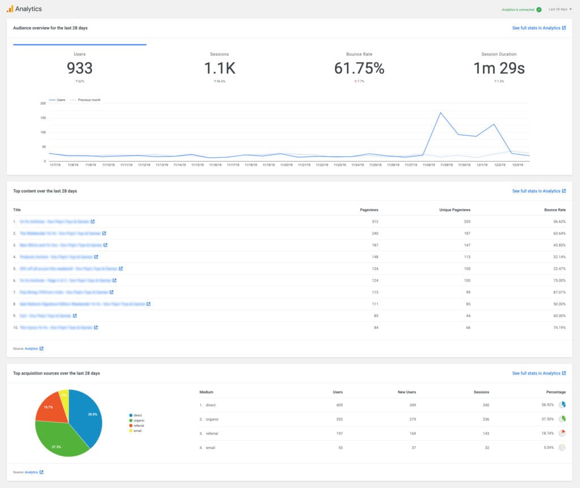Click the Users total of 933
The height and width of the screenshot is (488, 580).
[79, 69]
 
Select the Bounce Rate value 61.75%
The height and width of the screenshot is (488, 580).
[359, 69]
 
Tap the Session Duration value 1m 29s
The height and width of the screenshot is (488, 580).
[499, 69]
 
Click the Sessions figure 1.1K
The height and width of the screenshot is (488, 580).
[220, 69]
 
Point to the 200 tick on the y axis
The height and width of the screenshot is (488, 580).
[43, 103]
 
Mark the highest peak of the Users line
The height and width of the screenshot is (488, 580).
[441, 113]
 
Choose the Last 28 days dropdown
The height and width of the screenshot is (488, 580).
[560, 9]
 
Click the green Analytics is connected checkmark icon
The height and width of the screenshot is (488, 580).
[539, 9]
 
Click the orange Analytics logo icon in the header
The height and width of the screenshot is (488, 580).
[10, 9]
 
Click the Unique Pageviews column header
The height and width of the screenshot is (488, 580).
[455, 210]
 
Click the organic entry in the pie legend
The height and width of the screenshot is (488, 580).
[139, 420]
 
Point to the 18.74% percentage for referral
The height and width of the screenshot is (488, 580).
[548, 433]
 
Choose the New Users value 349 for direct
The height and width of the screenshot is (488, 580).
[412, 405]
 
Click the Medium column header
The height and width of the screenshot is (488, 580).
[206, 392]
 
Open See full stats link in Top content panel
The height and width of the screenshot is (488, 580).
[539, 191]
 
